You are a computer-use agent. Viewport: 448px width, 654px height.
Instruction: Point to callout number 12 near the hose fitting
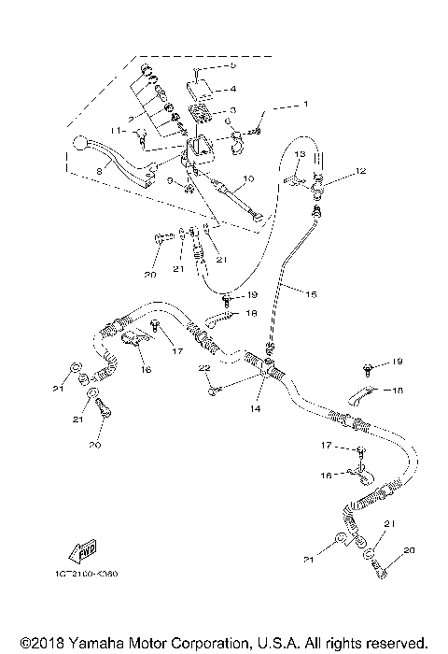(361, 171)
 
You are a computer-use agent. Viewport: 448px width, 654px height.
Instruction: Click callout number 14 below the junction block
(255, 409)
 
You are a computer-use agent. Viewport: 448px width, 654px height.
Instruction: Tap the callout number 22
(201, 372)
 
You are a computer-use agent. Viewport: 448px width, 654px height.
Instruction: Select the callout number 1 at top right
(302, 106)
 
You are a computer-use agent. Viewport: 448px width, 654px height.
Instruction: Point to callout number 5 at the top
(233, 67)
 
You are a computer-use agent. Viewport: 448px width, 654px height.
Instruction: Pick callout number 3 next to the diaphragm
(232, 110)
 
